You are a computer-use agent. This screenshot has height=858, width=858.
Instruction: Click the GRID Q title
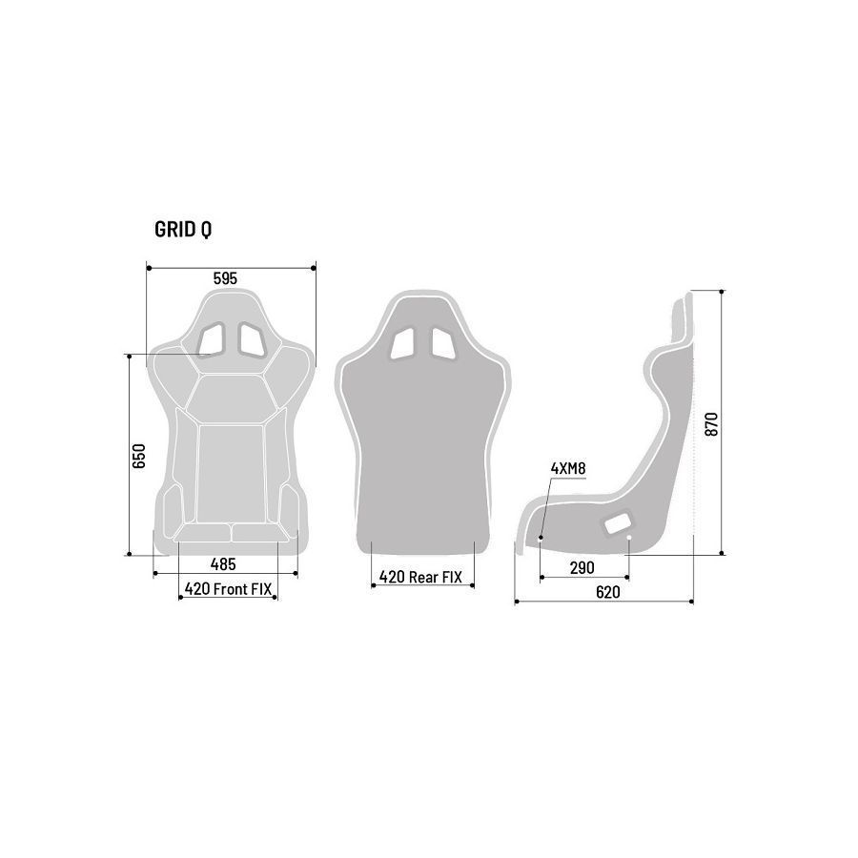pos(183,230)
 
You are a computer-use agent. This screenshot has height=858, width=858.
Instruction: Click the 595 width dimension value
pos(225,278)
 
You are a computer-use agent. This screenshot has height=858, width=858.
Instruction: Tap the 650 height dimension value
pos(139,456)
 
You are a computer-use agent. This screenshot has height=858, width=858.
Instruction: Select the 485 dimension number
pos(223,563)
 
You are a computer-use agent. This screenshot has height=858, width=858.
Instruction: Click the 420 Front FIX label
pos(228,589)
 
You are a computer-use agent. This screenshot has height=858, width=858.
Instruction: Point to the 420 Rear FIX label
pos(420,577)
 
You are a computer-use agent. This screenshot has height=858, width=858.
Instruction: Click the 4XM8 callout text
pos(568,468)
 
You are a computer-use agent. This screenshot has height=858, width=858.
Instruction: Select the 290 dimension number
pos(582,568)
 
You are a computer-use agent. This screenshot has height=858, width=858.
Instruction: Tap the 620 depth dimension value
pos(608,592)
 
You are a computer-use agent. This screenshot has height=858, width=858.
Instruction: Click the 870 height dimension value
pos(711,424)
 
